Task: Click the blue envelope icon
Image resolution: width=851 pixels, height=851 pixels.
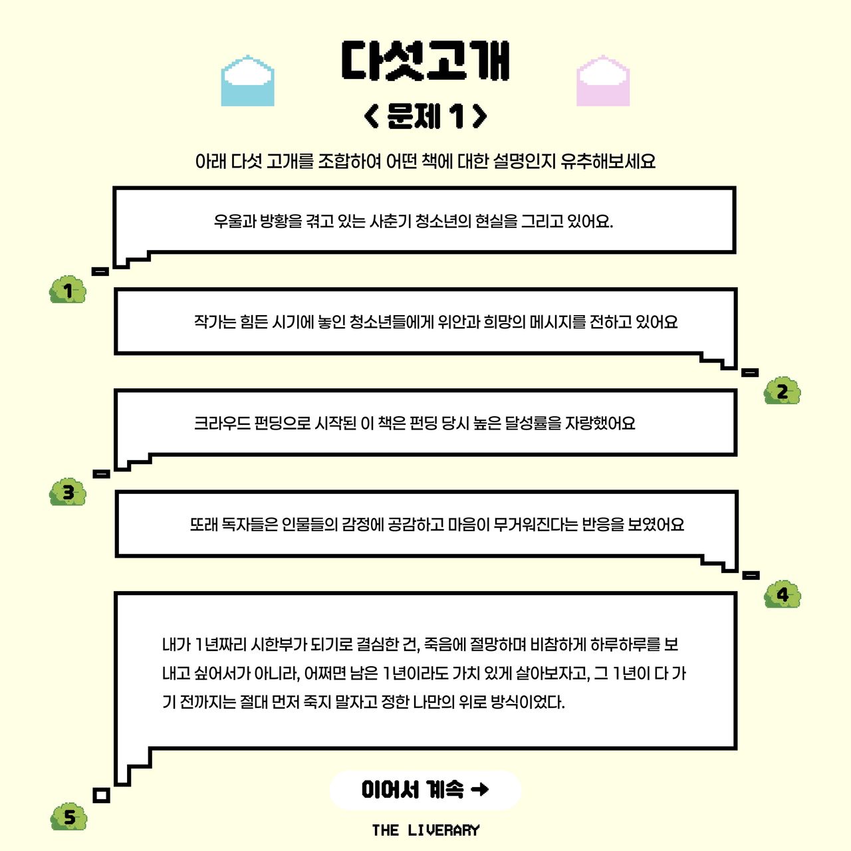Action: point(247,80)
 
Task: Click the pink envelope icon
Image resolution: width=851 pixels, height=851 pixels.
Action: point(603,80)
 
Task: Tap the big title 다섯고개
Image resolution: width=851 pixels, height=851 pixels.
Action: point(425,61)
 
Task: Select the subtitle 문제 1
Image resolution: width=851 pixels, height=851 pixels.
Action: point(425,116)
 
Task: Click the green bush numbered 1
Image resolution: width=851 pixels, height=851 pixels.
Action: point(68,290)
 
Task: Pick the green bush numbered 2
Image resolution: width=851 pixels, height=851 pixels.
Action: point(782,391)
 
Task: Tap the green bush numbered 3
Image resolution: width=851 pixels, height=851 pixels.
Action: point(68,492)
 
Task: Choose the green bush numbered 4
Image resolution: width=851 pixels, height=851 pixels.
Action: point(783,594)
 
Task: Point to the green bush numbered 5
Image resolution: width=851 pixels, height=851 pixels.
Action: point(69,816)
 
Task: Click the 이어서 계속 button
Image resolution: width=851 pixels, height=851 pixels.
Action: point(425,790)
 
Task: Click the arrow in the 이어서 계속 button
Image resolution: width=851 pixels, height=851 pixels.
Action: point(479,789)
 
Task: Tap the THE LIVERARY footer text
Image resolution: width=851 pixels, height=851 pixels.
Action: point(425,830)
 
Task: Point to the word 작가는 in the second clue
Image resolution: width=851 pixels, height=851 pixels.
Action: point(215,322)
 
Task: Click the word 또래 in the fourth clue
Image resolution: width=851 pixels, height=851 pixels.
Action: point(204,525)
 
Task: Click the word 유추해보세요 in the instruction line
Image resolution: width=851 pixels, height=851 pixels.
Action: point(608,161)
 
